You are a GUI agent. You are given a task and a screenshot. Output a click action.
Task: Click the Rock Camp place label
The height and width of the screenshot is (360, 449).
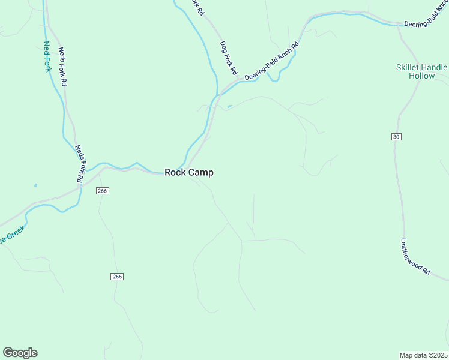coord(189,172)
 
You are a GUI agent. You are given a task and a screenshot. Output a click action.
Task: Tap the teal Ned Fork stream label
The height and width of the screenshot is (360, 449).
coord(47,56)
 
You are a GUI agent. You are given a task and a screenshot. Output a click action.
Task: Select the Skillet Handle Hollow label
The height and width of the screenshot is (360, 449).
coord(421,71)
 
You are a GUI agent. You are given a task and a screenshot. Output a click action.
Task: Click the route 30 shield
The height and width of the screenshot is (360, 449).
coord(396,137)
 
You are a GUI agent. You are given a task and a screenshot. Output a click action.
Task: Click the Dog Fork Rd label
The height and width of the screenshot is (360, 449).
coord(229,58)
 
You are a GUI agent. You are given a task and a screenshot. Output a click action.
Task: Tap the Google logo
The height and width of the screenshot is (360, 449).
coord(20,353)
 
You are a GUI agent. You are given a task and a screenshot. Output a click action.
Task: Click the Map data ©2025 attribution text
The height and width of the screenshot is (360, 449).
coord(424,355)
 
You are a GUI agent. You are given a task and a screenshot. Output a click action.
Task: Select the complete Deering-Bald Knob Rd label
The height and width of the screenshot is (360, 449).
coord(271,62)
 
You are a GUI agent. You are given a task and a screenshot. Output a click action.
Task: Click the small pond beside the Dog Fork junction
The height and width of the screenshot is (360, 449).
coord(229,108)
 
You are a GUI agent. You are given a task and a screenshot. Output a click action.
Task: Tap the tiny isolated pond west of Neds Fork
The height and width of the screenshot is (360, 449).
coord(35,185)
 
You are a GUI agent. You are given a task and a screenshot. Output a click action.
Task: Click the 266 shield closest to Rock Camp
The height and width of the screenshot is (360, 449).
coord(102,191)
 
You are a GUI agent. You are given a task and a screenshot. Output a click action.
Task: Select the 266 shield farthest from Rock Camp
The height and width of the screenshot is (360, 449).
coord(117,276)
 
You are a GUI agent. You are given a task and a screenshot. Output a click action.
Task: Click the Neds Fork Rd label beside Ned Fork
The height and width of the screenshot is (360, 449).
coord(62,68)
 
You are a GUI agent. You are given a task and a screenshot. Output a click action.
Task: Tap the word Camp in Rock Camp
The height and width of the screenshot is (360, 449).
coord(201,172)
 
